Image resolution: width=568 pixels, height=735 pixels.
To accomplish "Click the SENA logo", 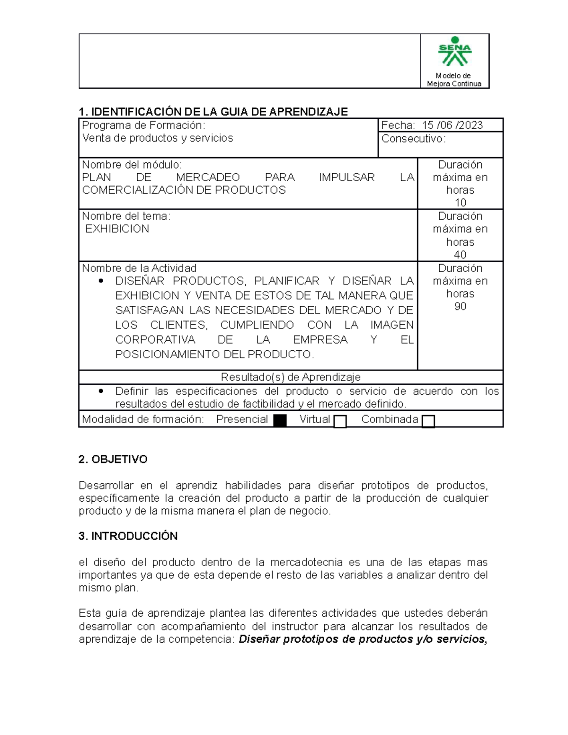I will tap(454, 52).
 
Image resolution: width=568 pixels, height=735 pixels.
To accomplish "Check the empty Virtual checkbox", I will tap(340, 421).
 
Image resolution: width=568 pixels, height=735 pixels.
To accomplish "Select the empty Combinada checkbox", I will tap(428, 421).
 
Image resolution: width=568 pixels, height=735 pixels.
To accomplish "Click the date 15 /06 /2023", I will tap(452, 125).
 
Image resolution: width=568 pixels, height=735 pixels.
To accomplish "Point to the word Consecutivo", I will tap(413, 139).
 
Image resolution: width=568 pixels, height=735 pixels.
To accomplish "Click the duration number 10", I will tap(460, 203).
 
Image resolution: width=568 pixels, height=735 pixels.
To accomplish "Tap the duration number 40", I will tap(460, 255).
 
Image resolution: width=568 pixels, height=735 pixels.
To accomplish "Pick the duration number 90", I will tap(460, 307).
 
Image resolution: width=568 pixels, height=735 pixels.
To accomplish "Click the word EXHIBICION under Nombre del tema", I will tap(117, 229).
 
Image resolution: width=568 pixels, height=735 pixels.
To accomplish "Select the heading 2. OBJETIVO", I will tap(113, 460).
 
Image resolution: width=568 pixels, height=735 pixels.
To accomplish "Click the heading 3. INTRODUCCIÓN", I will tap(128, 536).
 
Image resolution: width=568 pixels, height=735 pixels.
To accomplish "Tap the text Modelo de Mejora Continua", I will tap(454, 80).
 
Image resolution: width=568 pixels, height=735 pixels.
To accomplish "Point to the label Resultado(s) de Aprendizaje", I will tap(291, 377).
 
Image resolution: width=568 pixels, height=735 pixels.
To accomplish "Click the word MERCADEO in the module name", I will tap(208, 177).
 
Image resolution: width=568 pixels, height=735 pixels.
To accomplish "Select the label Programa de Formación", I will tap(143, 125).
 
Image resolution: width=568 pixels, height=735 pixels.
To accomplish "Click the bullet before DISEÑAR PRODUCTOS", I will tap(100, 281).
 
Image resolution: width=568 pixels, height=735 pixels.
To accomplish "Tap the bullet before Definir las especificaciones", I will tap(100, 391).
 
